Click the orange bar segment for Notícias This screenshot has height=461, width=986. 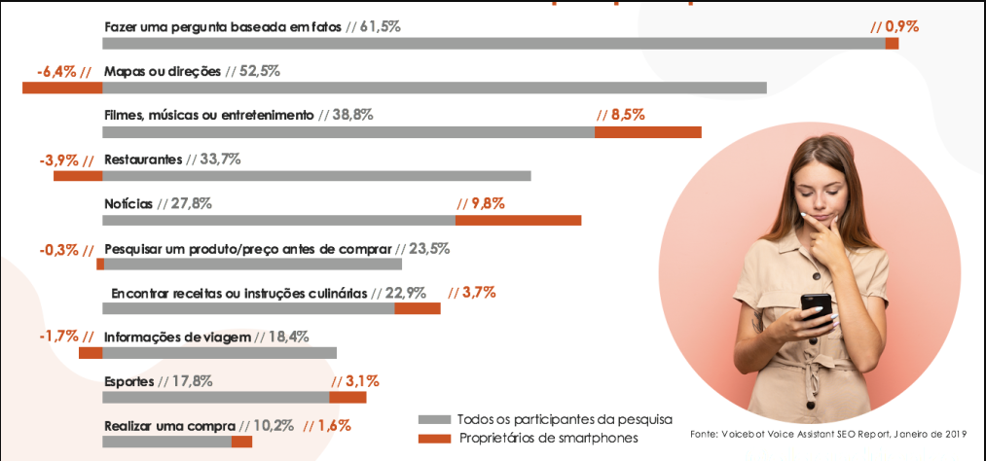pos(518,220)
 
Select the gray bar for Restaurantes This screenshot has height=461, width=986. pos(316,176)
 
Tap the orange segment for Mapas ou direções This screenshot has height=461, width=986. pos(62,88)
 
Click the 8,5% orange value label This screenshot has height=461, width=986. pos(620,115)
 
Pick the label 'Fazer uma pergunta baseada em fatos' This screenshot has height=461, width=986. pos(223,26)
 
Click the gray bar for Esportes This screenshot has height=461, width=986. pos(216,397)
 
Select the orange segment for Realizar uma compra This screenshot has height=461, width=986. pos(241,442)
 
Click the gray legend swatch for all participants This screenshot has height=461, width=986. pos(433,419)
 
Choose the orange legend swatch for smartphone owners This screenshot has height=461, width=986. pos(433,439)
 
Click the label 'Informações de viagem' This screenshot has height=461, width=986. pos(177,337)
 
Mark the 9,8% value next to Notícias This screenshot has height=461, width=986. pos(481,203)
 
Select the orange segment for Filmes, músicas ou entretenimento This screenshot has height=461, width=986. pos(647,131)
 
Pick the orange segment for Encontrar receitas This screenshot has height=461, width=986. pos(417,308)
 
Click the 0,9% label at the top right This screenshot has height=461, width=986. pos(895,26)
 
